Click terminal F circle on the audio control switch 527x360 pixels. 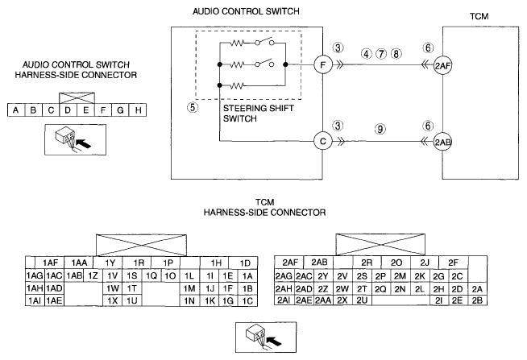[323, 64]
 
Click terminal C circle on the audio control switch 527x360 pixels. [323, 142]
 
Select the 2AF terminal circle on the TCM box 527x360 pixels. [442, 66]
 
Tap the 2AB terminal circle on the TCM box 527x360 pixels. [442, 143]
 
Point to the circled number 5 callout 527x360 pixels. [193, 107]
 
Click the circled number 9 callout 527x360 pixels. [380, 129]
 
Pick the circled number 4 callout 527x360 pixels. [367, 54]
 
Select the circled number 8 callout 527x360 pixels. [396, 54]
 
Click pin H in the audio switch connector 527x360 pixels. [138, 110]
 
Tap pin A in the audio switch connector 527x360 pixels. [16, 110]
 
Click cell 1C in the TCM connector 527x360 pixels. [247, 300]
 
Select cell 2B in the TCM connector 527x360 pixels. [477, 300]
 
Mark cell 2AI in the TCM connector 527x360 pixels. [284, 300]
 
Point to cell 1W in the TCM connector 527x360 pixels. [113, 288]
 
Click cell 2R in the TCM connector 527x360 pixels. [367, 263]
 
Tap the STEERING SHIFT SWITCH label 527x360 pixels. [258, 114]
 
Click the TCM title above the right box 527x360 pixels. [479, 16]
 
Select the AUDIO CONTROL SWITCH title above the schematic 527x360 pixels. [246, 11]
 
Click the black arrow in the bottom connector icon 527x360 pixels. [275, 341]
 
